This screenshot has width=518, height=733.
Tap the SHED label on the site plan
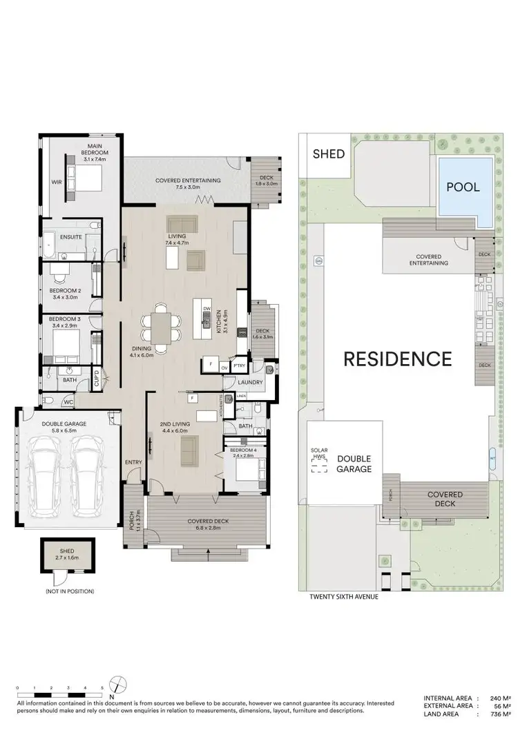click(x=329, y=153)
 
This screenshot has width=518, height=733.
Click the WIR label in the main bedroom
click(x=56, y=183)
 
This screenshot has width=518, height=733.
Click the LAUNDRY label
click(x=248, y=381)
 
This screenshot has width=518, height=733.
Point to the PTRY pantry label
click(x=239, y=365)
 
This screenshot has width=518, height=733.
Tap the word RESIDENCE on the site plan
click(x=398, y=359)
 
